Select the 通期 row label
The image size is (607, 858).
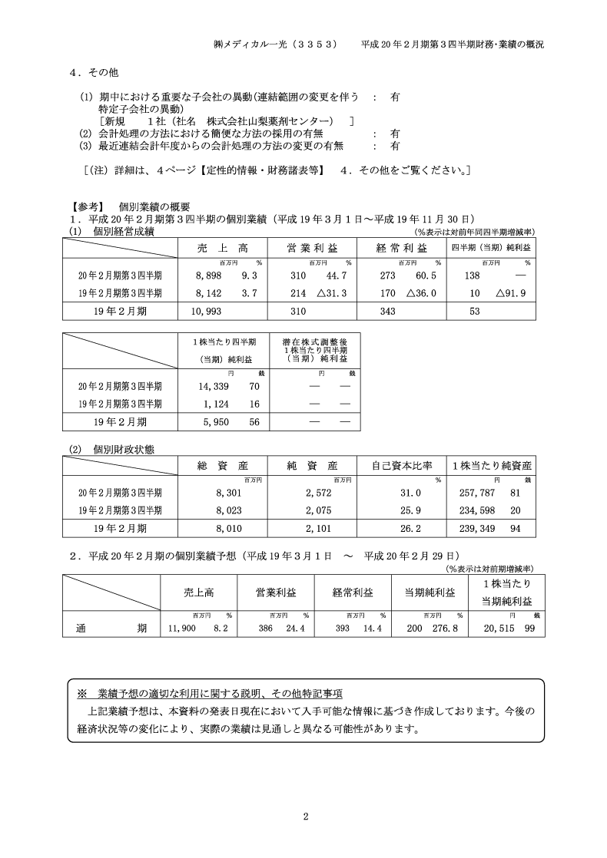[111, 628]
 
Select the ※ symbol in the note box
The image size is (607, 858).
[82, 693]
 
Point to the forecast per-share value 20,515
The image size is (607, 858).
[498, 628]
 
